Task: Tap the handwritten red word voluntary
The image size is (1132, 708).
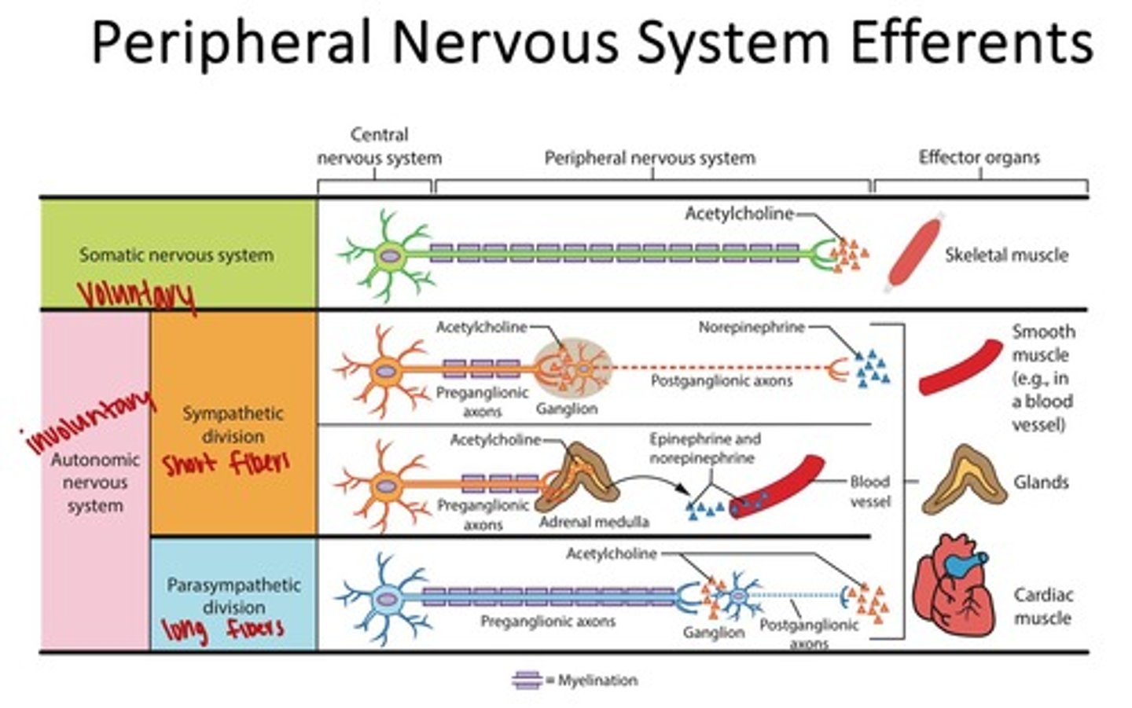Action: (135, 295)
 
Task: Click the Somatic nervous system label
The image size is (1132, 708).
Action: (176, 255)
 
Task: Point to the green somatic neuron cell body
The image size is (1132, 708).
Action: (388, 255)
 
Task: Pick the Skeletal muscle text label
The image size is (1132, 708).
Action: (1006, 255)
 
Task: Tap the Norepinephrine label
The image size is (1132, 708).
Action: (752, 327)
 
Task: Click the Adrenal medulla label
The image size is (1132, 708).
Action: (594, 521)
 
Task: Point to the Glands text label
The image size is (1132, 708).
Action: (1041, 482)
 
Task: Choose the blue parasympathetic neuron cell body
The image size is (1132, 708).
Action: (387, 599)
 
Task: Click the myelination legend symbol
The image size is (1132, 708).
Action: (526, 680)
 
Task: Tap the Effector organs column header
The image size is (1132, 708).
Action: (979, 157)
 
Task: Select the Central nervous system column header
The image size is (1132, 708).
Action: (379, 146)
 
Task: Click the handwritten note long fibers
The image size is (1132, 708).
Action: (222, 629)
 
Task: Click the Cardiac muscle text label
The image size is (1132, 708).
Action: (1042, 606)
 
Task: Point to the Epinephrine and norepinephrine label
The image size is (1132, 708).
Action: (704, 448)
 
